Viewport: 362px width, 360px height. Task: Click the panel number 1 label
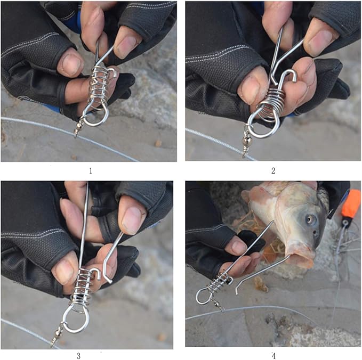91,171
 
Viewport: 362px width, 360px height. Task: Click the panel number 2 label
273,171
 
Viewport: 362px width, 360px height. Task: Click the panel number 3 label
78,356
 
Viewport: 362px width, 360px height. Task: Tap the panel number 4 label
273,356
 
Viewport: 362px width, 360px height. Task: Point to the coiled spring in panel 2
273,102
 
